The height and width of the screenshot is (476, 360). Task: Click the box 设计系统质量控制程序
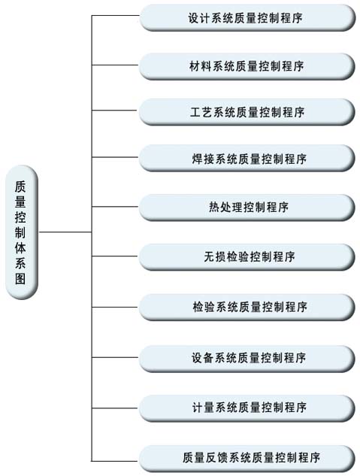247,17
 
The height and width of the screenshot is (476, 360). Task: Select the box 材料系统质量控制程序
247,66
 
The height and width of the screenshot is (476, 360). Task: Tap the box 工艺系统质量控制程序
247,112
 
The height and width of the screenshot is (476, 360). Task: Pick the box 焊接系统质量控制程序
247,158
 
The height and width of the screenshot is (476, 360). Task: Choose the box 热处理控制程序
247,208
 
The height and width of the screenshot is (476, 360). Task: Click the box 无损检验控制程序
247,257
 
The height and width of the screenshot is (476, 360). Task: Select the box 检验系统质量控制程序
247,308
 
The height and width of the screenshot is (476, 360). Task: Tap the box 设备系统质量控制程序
247,358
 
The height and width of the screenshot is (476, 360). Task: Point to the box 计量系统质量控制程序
247,408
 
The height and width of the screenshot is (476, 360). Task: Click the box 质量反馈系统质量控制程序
247,458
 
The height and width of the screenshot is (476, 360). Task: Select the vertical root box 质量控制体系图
22,232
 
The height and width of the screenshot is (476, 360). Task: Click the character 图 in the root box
20,277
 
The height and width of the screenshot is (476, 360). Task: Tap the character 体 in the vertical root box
20,247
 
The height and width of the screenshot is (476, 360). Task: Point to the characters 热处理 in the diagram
225,208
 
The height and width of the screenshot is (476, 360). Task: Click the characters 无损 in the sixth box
214,257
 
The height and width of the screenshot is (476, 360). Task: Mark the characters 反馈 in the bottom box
217,458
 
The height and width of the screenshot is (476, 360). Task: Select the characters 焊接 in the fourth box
203,159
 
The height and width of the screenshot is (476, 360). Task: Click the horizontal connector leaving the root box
65,232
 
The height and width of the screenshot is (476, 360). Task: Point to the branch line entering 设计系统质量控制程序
116,15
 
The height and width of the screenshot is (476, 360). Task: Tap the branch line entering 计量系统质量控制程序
116,408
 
